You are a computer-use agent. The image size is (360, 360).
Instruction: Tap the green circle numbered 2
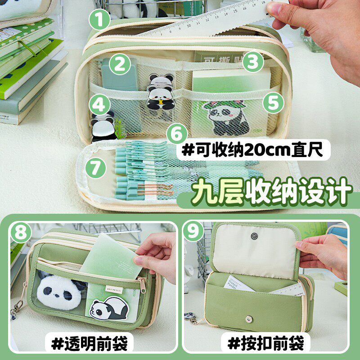(119, 64)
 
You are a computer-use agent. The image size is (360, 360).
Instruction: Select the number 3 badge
(253, 61)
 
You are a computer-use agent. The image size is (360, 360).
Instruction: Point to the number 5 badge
(272, 103)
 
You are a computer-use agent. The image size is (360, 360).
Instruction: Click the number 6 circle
(178, 134)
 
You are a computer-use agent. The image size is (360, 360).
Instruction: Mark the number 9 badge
(195, 233)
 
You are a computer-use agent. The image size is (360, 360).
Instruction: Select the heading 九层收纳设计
(270, 192)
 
